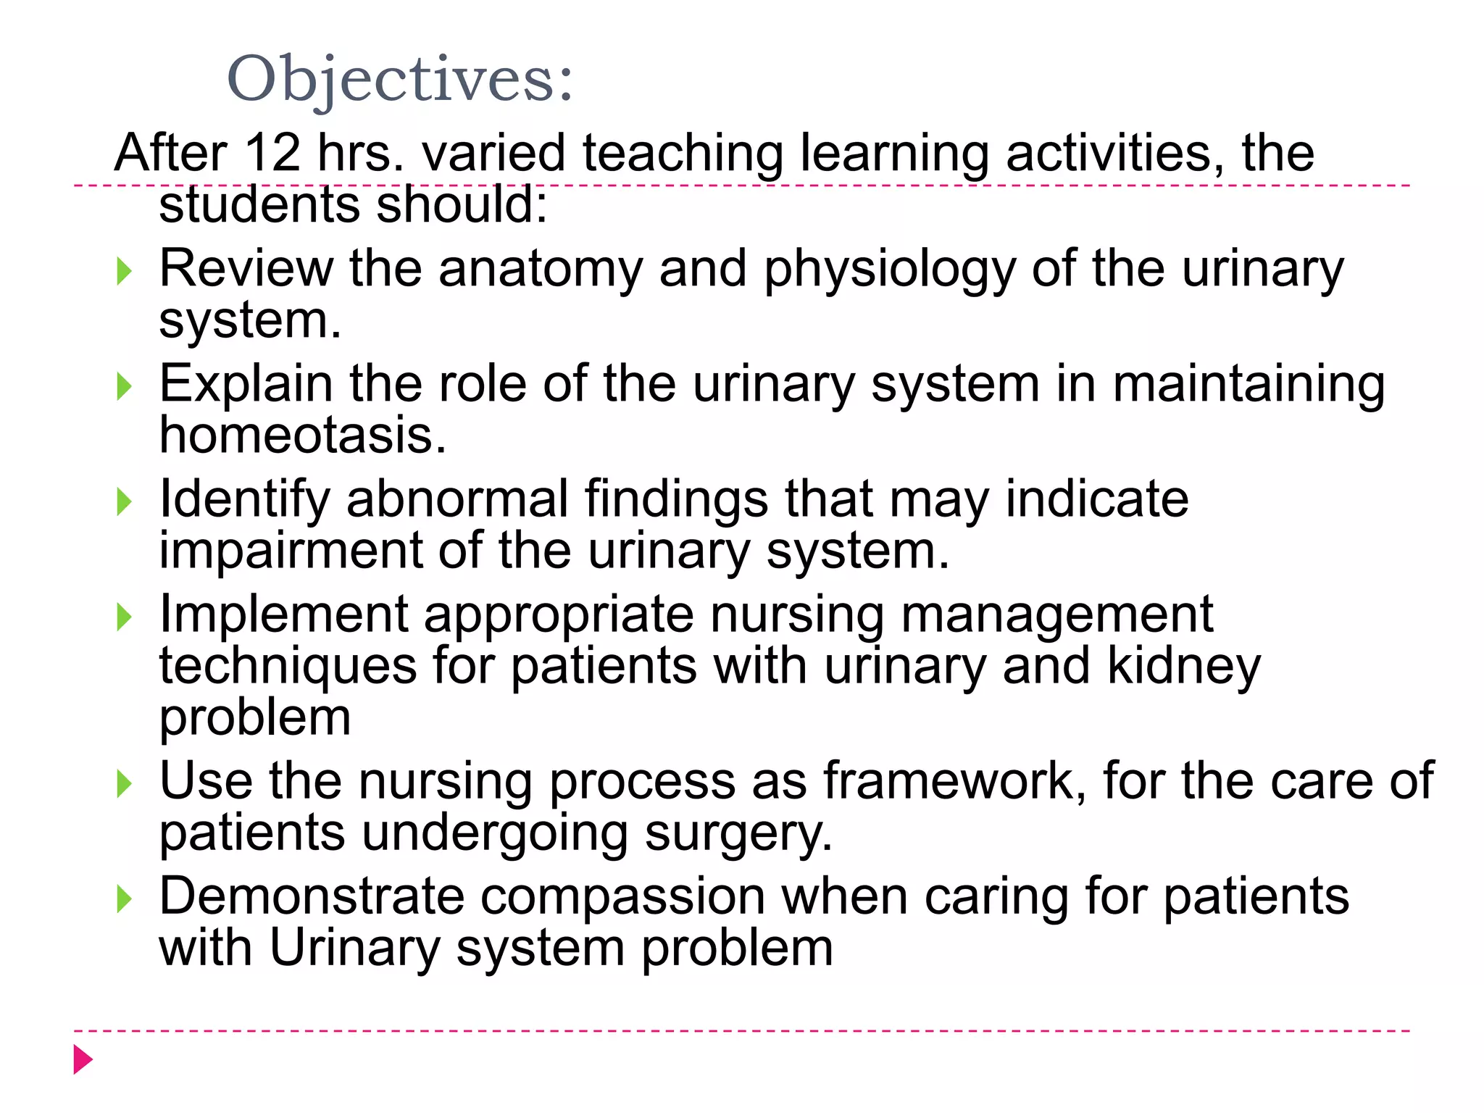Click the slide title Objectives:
click(400, 79)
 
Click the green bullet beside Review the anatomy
click(125, 272)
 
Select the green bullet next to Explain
click(125, 387)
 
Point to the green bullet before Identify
click(125, 502)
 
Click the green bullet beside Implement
click(125, 617)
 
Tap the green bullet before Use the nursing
click(125, 784)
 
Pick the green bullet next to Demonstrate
click(125, 899)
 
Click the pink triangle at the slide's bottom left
click(83, 1059)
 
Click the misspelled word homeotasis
click(303, 436)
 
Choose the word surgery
click(738, 833)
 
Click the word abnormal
click(457, 500)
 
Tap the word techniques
click(288, 667)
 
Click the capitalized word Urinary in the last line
click(354, 949)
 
